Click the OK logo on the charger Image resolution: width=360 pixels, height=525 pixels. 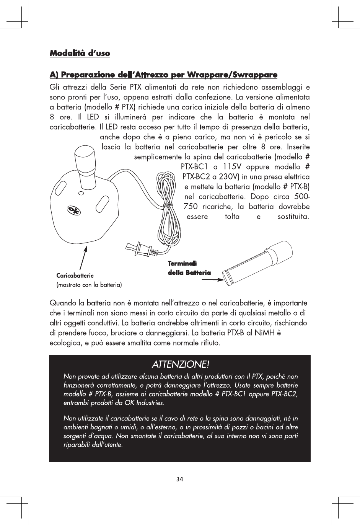point(73,210)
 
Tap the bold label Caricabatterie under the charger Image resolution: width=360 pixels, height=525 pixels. point(75,276)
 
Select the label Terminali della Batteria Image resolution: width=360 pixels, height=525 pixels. point(189,268)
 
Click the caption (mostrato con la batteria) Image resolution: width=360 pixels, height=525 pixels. point(89,285)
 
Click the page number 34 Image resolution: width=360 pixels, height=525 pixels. point(180,479)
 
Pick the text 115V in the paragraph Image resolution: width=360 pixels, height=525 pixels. point(231,167)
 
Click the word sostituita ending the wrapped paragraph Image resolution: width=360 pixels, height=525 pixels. point(293,217)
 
